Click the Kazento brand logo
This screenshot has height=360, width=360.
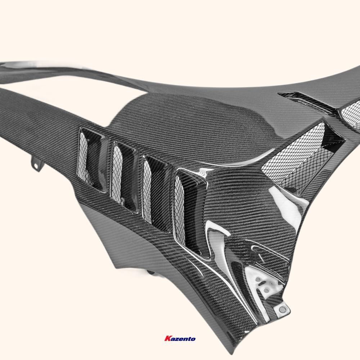(x=180, y=339)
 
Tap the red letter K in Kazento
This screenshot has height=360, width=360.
(x=167, y=339)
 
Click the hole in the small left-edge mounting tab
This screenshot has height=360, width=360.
(x=36, y=164)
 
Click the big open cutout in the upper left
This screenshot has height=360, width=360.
(x=65, y=79)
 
